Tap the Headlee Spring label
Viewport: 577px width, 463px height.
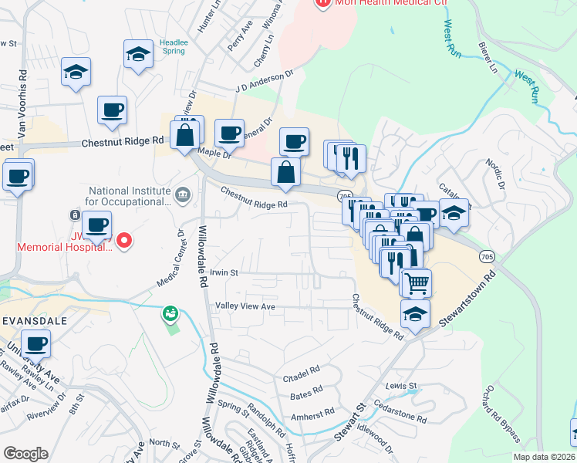pos(173,46)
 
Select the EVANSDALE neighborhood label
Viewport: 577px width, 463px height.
pos(34,319)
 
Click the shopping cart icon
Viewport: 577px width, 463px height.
pos(417,282)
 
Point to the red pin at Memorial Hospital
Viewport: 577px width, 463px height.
pos(123,242)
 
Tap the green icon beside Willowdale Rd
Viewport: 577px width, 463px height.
pos(170,314)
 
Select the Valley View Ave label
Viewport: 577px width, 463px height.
pos(245,306)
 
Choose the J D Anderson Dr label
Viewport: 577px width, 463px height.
pos(266,81)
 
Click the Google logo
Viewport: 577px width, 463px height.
pos(25,454)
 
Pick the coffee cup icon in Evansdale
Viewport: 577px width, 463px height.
pos(35,342)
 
